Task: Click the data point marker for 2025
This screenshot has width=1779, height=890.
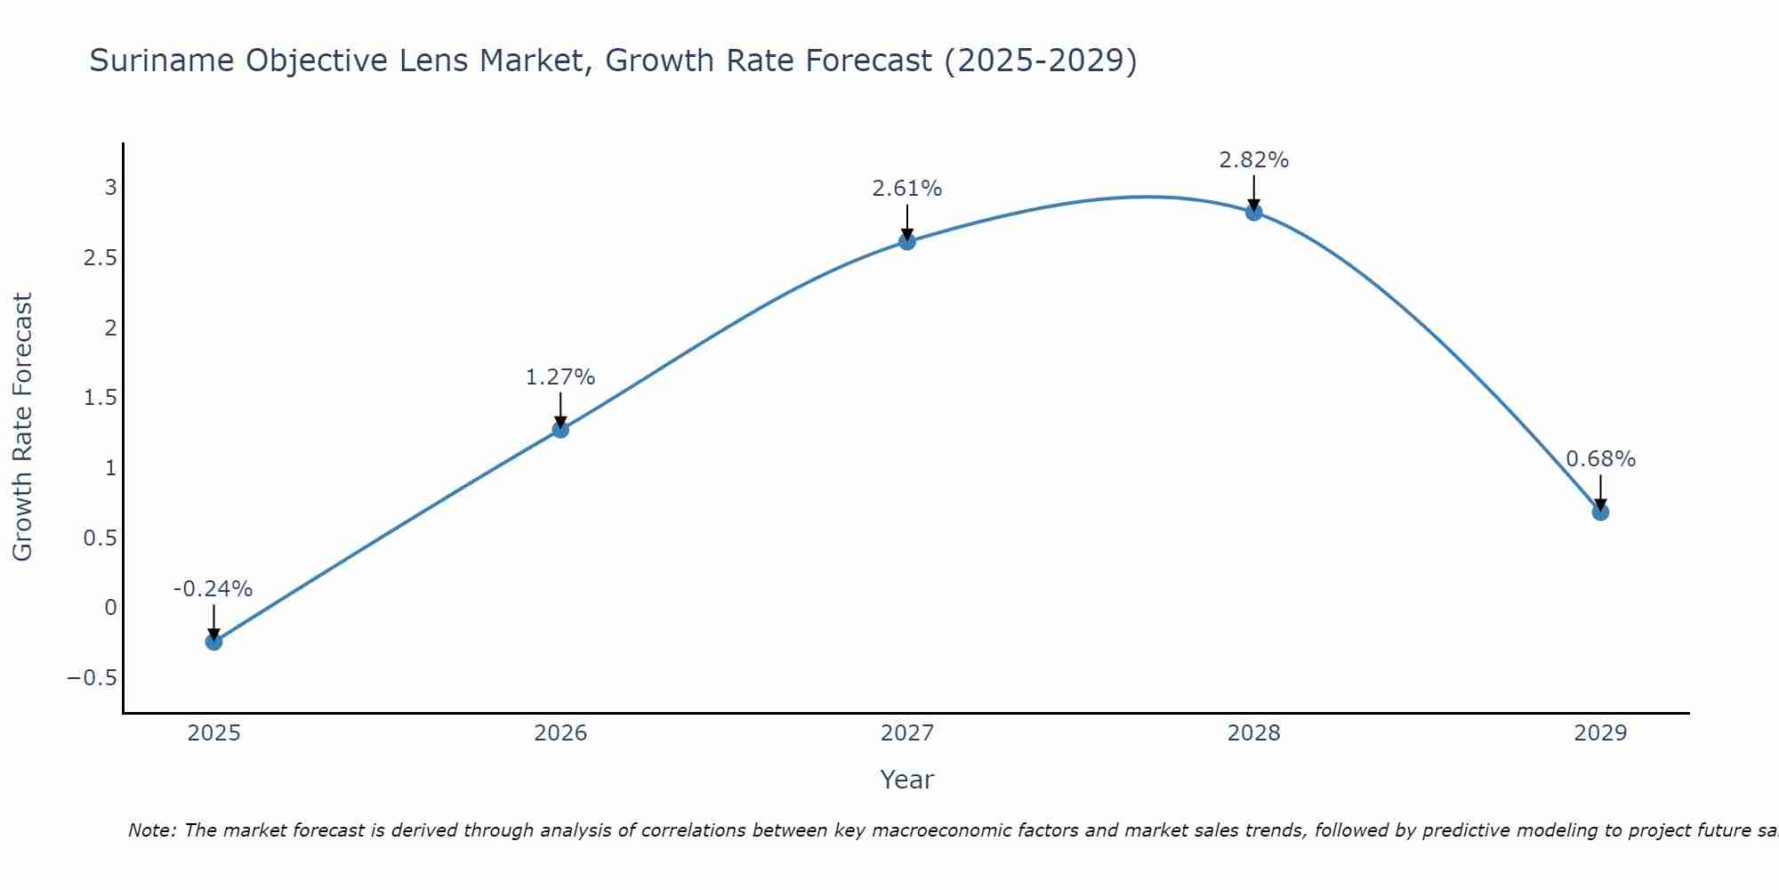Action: (213, 642)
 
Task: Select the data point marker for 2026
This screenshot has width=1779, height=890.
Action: (560, 430)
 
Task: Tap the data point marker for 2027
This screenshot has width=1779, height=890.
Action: (907, 241)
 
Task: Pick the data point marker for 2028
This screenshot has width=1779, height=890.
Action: (1254, 212)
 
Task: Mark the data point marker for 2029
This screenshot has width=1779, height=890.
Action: (1600, 512)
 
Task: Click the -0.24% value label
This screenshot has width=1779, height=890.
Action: (213, 589)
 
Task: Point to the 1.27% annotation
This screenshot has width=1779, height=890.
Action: (560, 377)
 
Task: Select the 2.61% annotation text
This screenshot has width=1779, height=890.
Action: (907, 189)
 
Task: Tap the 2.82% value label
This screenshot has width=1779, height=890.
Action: (1254, 160)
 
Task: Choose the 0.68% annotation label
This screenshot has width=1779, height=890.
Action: (1600, 459)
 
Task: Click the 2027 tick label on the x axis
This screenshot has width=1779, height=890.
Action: (907, 733)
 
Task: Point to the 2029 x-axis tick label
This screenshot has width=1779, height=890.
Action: (1600, 733)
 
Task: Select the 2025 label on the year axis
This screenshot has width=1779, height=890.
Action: (213, 733)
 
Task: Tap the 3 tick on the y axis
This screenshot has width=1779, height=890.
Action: (111, 187)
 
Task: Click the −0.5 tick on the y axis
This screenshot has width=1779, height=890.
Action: (93, 678)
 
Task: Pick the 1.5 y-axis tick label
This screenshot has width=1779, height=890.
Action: (101, 397)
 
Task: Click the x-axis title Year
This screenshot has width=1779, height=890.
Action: (907, 780)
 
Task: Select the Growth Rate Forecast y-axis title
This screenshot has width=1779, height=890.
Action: (23, 427)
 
